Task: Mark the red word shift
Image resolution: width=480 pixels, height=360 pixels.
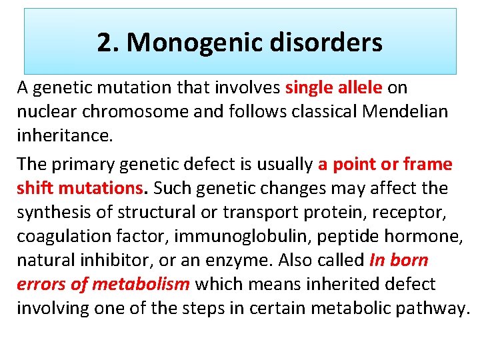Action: (35, 188)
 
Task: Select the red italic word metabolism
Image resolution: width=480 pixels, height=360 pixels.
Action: (141, 284)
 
